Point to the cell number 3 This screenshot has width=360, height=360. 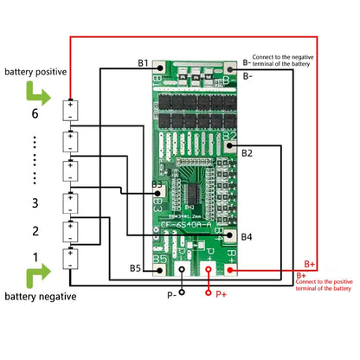[35, 202]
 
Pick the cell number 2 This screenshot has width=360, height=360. [35, 231]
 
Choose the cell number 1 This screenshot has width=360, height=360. [35, 257]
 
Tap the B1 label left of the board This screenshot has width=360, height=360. [143, 64]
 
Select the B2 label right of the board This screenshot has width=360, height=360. [247, 153]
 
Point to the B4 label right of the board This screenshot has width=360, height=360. [247, 235]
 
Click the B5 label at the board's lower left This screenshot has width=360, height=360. [136, 267]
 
